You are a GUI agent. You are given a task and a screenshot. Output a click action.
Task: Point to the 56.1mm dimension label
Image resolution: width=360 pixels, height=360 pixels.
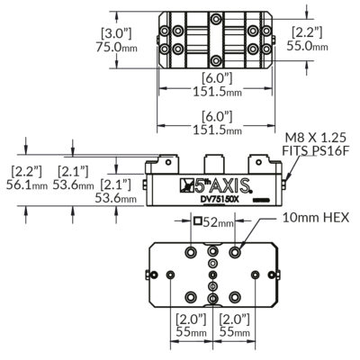(x=29, y=185)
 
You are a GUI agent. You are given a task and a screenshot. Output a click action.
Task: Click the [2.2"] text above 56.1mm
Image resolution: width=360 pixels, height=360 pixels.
(x=29, y=170)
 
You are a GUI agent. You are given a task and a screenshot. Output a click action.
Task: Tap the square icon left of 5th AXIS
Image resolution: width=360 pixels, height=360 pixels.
(x=187, y=186)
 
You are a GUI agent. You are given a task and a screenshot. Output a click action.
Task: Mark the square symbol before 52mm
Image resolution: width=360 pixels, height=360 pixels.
(x=197, y=221)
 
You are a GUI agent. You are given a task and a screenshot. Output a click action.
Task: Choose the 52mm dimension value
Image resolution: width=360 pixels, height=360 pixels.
(x=218, y=221)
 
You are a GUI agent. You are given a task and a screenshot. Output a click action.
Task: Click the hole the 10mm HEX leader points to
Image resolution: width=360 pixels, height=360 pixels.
(x=236, y=248)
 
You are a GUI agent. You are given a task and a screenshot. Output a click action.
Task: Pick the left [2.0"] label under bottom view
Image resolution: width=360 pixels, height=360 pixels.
(x=190, y=318)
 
